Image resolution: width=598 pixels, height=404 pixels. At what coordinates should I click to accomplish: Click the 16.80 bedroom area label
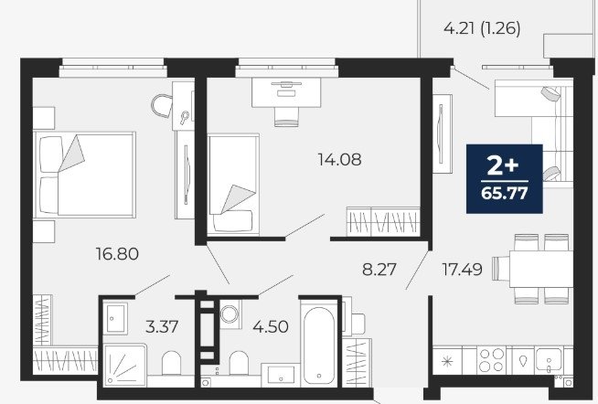pyautogui.click(x=117, y=254)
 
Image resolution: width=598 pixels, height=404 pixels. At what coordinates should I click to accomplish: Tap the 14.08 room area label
pyautogui.click(x=339, y=159)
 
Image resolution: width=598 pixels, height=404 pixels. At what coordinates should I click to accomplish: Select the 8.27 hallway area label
pyautogui.click(x=379, y=270)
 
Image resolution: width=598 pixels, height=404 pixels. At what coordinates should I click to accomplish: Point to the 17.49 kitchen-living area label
pyautogui.click(x=463, y=270)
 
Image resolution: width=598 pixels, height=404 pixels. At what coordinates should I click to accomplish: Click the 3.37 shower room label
pyautogui.click(x=162, y=326)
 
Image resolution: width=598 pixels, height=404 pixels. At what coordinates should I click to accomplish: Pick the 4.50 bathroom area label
pyautogui.click(x=271, y=326)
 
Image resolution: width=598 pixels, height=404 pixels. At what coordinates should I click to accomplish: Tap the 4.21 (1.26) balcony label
pyautogui.click(x=482, y=28)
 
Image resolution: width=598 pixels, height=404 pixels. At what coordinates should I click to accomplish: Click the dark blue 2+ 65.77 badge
pyautogui.click(x=504, y=178)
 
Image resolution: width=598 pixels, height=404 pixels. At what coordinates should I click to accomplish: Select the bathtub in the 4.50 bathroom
pyautogui.click(x=319, y=342)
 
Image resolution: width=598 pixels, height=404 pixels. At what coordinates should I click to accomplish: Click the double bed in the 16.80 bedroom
pyautogui.click(x=85, y=175)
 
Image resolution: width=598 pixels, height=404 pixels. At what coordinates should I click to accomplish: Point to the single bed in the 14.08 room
pyautogui.click(x=233, y=185)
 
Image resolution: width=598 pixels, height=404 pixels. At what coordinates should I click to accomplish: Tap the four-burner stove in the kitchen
pyautogui.click(x=491, y=360)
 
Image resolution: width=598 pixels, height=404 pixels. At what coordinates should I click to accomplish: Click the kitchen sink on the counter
pyautogui.click(x=548, y=360)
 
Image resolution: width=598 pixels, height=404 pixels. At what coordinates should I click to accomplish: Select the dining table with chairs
pyautogui.click(x=533, y=269)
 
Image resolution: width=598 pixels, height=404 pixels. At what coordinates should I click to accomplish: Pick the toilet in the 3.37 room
pyautogui.click(x=171, y=363)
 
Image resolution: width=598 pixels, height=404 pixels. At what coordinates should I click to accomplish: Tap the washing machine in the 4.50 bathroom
pyautogui.click(x=230, y=314)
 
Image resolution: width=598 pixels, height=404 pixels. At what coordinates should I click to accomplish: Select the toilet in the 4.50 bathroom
pyautogui.click(x=239, y=363)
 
